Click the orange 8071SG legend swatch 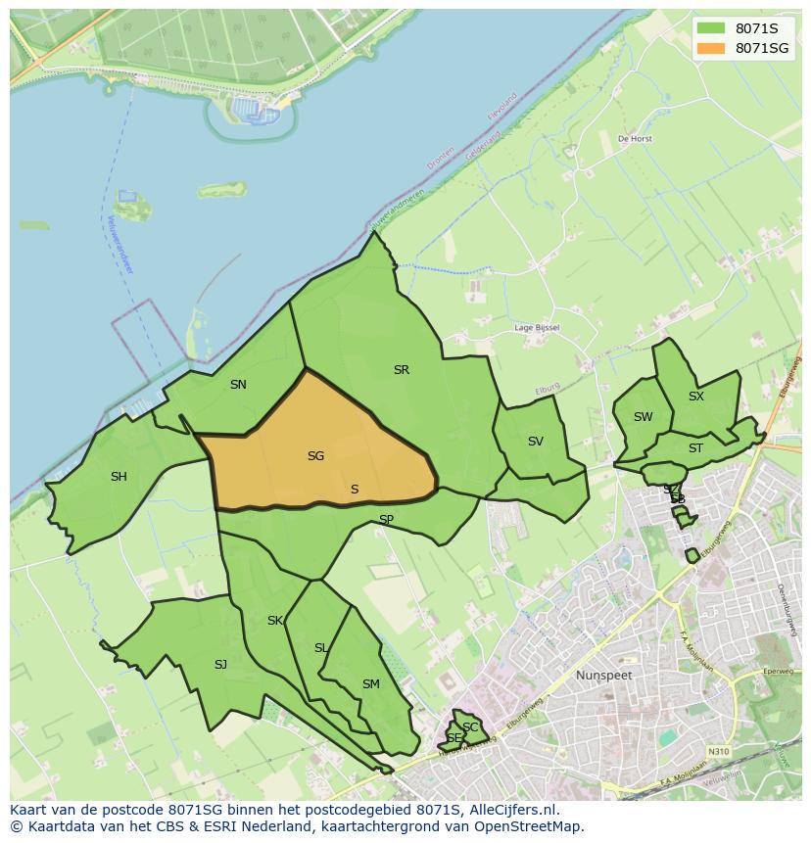[x=711, y=48]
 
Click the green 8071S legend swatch [x=711, y=28]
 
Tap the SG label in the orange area [x=315, y=456]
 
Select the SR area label [x=401, y=370]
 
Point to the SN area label [x=238, y=385]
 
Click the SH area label [x=119, y=477]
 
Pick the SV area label [x=535, y=442]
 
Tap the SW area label [x=643, y=417]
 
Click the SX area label [x=695, y=397]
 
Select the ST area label [x=695, y=448]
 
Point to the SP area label [x=386, y=520]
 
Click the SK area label [x=275, y=621]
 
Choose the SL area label [x=321, y=648]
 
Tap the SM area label [x=370, y=684]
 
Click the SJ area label [x=220, y=665]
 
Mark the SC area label [x=470, y=727]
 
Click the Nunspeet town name [x=603, y=676]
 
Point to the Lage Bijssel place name [x=537, y=328]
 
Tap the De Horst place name [x=635, y=139]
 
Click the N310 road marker [x=718, y=752]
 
